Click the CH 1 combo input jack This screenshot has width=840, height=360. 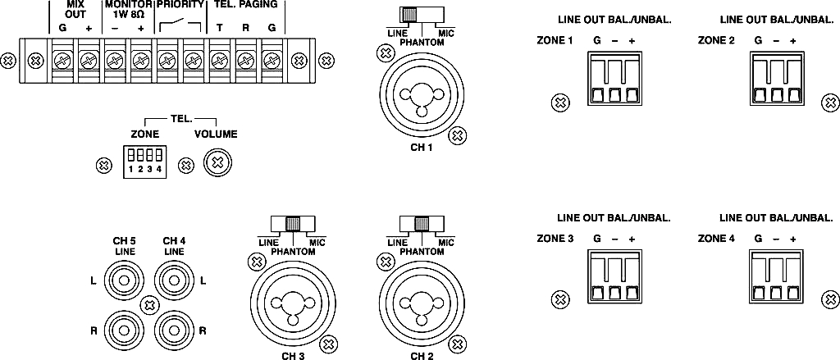[421, 93]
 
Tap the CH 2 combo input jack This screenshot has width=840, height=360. [421, 303]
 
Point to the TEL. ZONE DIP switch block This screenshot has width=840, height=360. [144, 158]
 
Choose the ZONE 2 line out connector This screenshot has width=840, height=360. [776, 80]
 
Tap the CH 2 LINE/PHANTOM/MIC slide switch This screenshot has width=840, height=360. [420, 224]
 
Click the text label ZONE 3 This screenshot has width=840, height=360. [554, 239]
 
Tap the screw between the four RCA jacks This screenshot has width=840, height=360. [148, 305]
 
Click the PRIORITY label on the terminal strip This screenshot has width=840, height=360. [179, 5]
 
